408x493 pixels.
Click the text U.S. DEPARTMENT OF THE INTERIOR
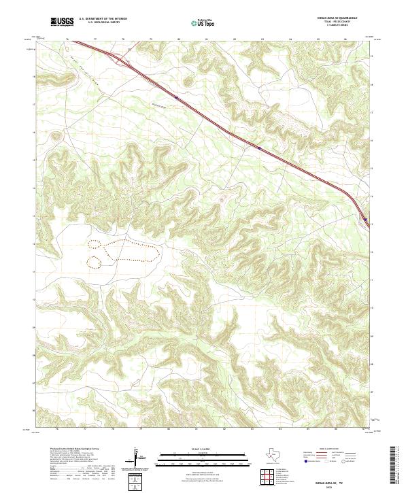point(103,18)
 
